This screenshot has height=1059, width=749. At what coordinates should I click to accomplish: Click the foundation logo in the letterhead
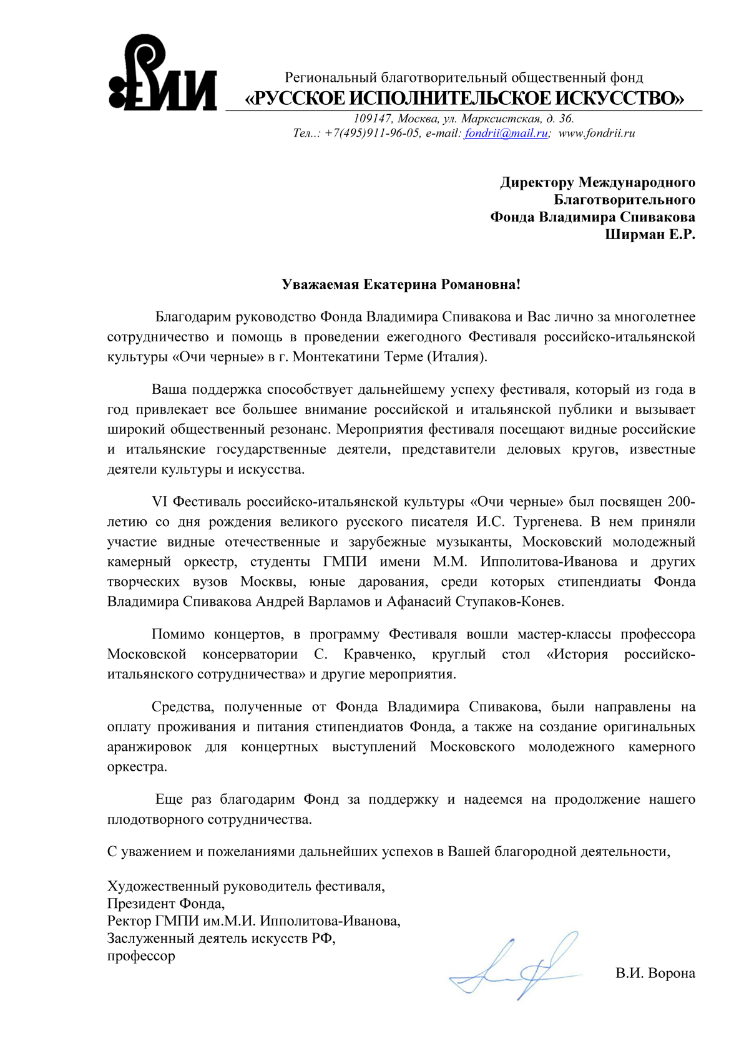click(x=162, y=74)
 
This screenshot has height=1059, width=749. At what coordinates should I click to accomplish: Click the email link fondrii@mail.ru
click(x=506, y=133)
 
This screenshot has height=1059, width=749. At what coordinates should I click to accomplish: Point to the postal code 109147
click(x=373, y=119)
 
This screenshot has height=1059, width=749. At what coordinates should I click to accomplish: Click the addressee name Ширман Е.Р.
click(x=649, y=235)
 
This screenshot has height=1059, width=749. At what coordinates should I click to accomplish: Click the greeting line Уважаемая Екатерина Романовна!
click(x=401, y=285)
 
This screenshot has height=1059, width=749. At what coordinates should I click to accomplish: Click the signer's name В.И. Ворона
click(x=655, y=973)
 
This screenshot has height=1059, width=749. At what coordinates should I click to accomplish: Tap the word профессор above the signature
click(x=141, y=955)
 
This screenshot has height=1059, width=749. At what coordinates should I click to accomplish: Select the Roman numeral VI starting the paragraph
click(x=160, y=502)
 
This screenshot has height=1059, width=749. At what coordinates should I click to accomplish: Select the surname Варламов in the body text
click(x=342, y=602)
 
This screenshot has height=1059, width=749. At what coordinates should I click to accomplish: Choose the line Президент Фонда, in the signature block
click(x=166, y=903)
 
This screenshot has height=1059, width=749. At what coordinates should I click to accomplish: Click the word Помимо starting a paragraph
click(x=177, y=634)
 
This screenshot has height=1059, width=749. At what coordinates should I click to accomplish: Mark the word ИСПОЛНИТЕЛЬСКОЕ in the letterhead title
click(x=448, y=99)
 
